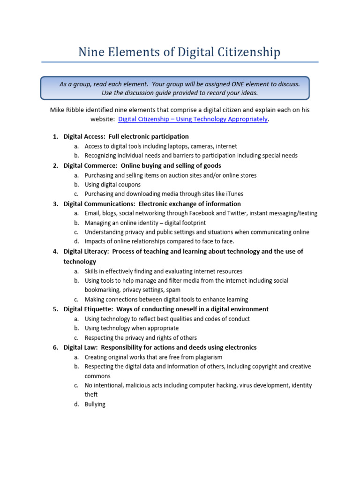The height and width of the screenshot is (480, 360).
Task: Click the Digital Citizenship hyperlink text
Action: (x=193, y=119)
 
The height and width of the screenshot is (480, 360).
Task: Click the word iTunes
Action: (x=233, y=194)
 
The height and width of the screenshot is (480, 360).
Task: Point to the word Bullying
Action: (x=95, y=404)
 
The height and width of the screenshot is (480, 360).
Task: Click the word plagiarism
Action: (x=205, y=357)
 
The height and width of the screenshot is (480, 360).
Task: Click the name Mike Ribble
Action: (x=67, y=110)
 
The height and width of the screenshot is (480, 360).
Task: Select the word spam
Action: (x=172, y=290)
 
